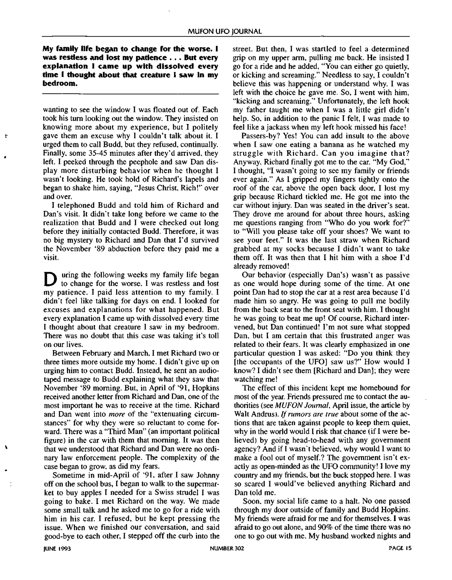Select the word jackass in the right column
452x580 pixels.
click(x=273, y=127)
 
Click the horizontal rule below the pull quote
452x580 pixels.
click(x=130, y=94)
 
